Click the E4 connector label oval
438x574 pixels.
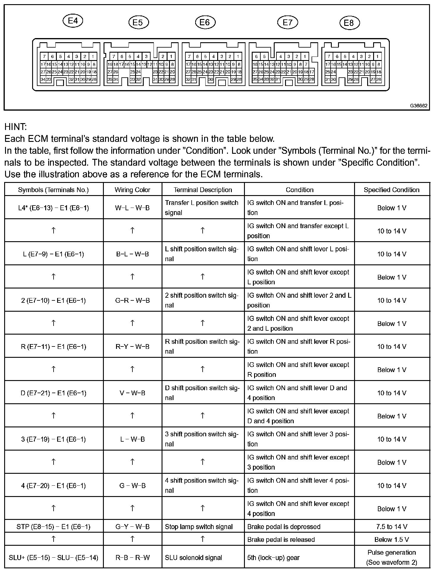click(x=73, y=21)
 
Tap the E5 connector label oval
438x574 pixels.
click(x=138, y=23)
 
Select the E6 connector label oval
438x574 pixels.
click(x=205, y=22)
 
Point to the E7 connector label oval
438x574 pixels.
click(x=287, y=22)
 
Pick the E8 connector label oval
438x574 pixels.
click(x=349, y=23)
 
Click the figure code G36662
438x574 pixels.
click(x=419, y=106)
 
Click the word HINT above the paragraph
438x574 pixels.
click(x=15, y=127)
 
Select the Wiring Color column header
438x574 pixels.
click(x=132, y=190)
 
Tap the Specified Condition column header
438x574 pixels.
click(x=392, y=190)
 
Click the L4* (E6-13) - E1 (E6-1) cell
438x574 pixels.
click(x=54, y=208)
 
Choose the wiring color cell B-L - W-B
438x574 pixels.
click(x=132, y=254)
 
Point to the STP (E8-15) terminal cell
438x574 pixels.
click(x=54, y=527)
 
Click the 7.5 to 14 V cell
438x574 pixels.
click(x=392, y=527)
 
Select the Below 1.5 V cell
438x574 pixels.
click(x=392, y=540)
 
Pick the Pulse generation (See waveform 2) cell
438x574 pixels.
click(x=392, y=557)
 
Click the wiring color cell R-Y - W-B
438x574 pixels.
click(x=132, y=346)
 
